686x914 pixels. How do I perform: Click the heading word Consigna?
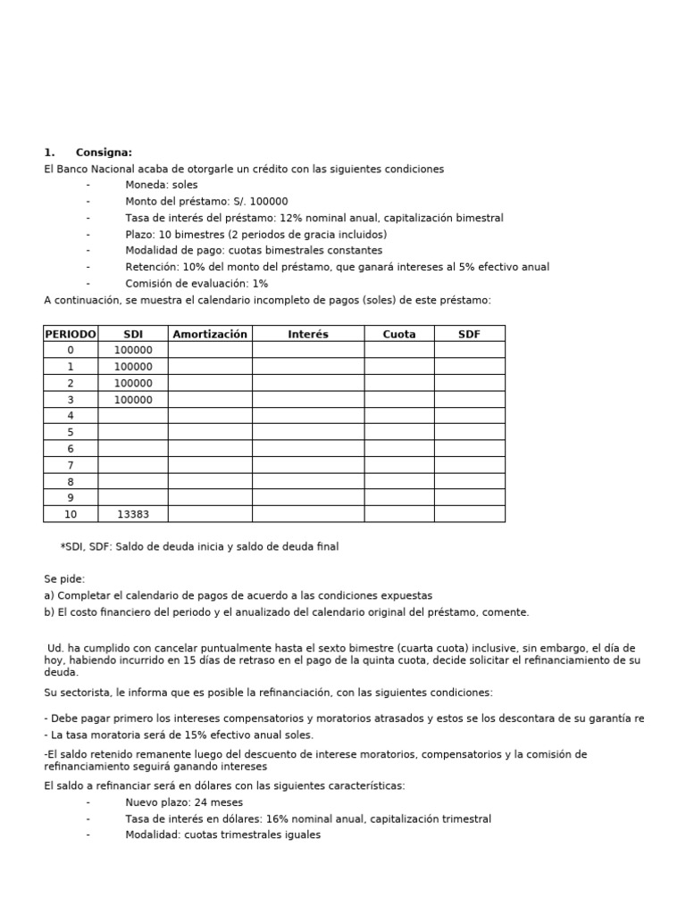pyautogui.click(x=104, y=153)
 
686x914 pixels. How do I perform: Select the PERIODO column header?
pyautogui.click(x=71, y=334)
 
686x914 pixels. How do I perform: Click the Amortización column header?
pyautogui.click(x=210, y=334)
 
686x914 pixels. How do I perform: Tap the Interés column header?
pyautogui.click(x=308, y=334)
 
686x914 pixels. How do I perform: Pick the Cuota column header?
pyautogui.click(x=399, y=334)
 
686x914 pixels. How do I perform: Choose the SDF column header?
pyautogui.click(x=469, y=334)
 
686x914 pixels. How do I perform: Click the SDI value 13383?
pyautogui.click(x=133, y=514)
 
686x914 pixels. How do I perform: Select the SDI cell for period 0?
pyautogui.click(x=133, y=351)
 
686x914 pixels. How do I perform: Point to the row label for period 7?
pyautogui.click(x=71, y=465)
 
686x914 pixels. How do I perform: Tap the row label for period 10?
pyautogui.click(x=71, y=514)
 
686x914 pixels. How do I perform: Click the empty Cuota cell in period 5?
pyautogui.click(x=399, y=432)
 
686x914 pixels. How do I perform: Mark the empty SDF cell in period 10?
pyautogui.click(x=469, y=514)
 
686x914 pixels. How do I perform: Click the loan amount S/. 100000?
pyautogui.click(x=206, y=202)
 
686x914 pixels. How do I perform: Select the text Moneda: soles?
pyautogui.click(x=162, y=185)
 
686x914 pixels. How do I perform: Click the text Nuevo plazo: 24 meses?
pyautogui.click(x=184, y=802)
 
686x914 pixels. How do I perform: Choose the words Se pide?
pyautogui.click(x=64, y=579)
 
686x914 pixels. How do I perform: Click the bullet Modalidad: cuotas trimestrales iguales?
pyautogui.click(x=222, y=835)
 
